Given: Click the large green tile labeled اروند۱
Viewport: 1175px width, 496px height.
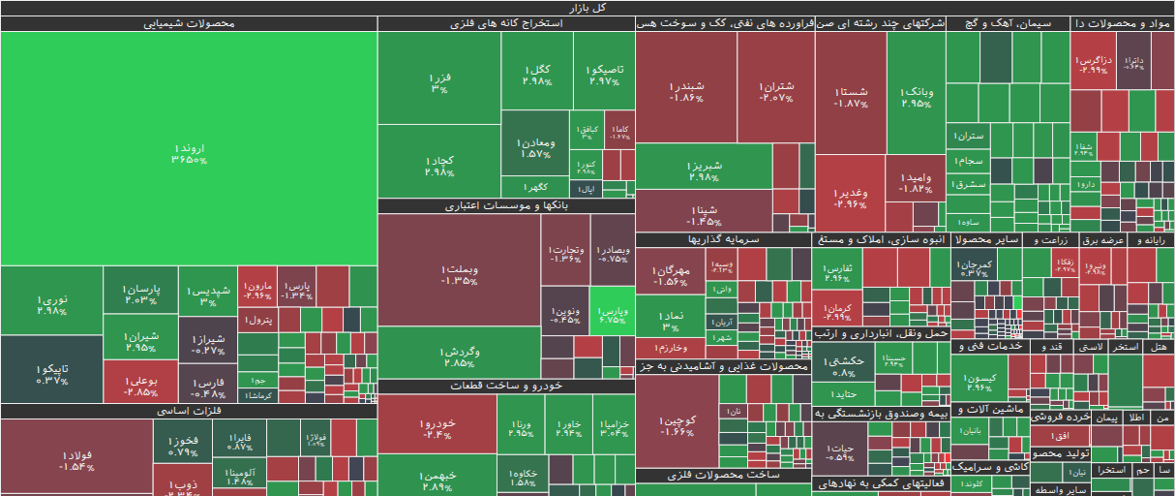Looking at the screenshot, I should [189, 150].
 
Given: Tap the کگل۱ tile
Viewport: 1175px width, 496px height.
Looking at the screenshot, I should [536, 74].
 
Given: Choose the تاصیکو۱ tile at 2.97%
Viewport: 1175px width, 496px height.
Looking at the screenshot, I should [605, 74].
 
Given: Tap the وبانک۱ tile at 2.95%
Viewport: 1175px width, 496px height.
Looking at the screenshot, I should [916, 96].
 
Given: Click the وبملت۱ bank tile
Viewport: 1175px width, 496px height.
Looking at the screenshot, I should [459, 274].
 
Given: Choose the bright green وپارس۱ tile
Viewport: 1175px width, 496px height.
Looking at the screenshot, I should [613, 311].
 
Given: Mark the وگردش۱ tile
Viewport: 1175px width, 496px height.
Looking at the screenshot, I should [459, 355].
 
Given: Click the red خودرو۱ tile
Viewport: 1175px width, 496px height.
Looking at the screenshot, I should [437, 426].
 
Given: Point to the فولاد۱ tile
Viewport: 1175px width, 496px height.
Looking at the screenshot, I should [75, 459].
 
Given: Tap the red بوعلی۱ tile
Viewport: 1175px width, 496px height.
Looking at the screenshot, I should [140, 385].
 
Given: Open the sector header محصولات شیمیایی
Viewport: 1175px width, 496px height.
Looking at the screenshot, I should [189, 23].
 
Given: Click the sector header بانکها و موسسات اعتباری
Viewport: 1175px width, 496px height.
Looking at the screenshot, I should [506, 206].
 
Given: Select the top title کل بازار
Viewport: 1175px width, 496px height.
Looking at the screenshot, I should [587, 7].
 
